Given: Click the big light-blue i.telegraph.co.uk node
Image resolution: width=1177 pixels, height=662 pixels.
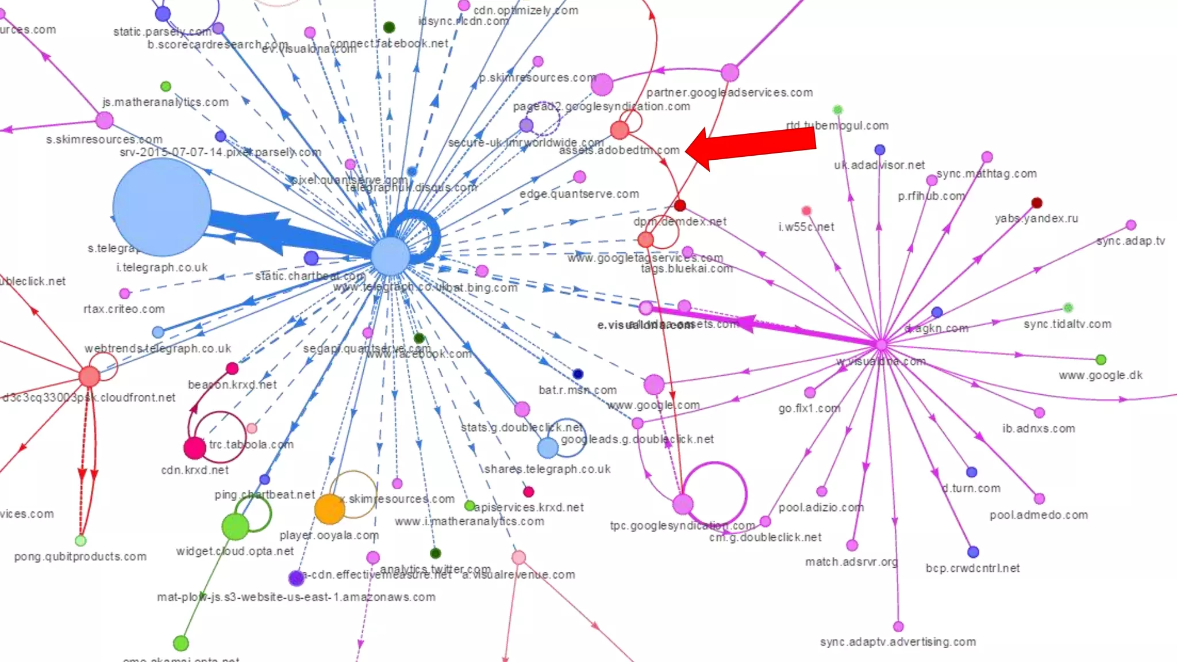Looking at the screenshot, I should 162,207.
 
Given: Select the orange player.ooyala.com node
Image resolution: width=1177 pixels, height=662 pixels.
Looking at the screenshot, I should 329,509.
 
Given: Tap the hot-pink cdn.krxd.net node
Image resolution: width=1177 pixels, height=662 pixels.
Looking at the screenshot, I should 195,448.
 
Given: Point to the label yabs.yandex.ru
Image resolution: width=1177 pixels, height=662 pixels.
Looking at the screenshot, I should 1036,218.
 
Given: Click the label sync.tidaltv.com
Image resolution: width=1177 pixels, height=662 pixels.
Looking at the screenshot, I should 1067,324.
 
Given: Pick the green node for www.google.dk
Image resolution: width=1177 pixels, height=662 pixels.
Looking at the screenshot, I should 1101,360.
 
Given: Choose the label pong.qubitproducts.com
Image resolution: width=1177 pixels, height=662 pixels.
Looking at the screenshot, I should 80,556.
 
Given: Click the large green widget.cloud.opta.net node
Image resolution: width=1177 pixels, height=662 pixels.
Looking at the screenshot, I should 235,526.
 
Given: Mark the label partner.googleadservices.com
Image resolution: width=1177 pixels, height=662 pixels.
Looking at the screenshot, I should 729,93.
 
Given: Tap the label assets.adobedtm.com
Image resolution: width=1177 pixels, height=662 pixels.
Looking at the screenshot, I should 619,151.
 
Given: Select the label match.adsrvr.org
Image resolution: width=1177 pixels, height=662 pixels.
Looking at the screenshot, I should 851,561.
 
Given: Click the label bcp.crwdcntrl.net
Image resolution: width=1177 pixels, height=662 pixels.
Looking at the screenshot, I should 972,568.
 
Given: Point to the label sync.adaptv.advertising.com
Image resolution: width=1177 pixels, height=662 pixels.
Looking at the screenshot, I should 898,642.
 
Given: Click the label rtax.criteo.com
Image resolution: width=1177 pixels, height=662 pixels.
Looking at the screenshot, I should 124,309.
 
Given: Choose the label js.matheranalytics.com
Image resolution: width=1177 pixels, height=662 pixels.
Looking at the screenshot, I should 166,102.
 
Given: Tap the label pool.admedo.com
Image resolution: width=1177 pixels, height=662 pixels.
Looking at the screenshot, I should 1038,515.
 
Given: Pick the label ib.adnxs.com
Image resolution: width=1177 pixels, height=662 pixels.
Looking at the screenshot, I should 1038,429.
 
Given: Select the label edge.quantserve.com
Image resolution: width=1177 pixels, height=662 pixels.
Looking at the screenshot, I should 579,194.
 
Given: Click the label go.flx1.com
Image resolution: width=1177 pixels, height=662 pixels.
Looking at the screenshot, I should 809,409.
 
